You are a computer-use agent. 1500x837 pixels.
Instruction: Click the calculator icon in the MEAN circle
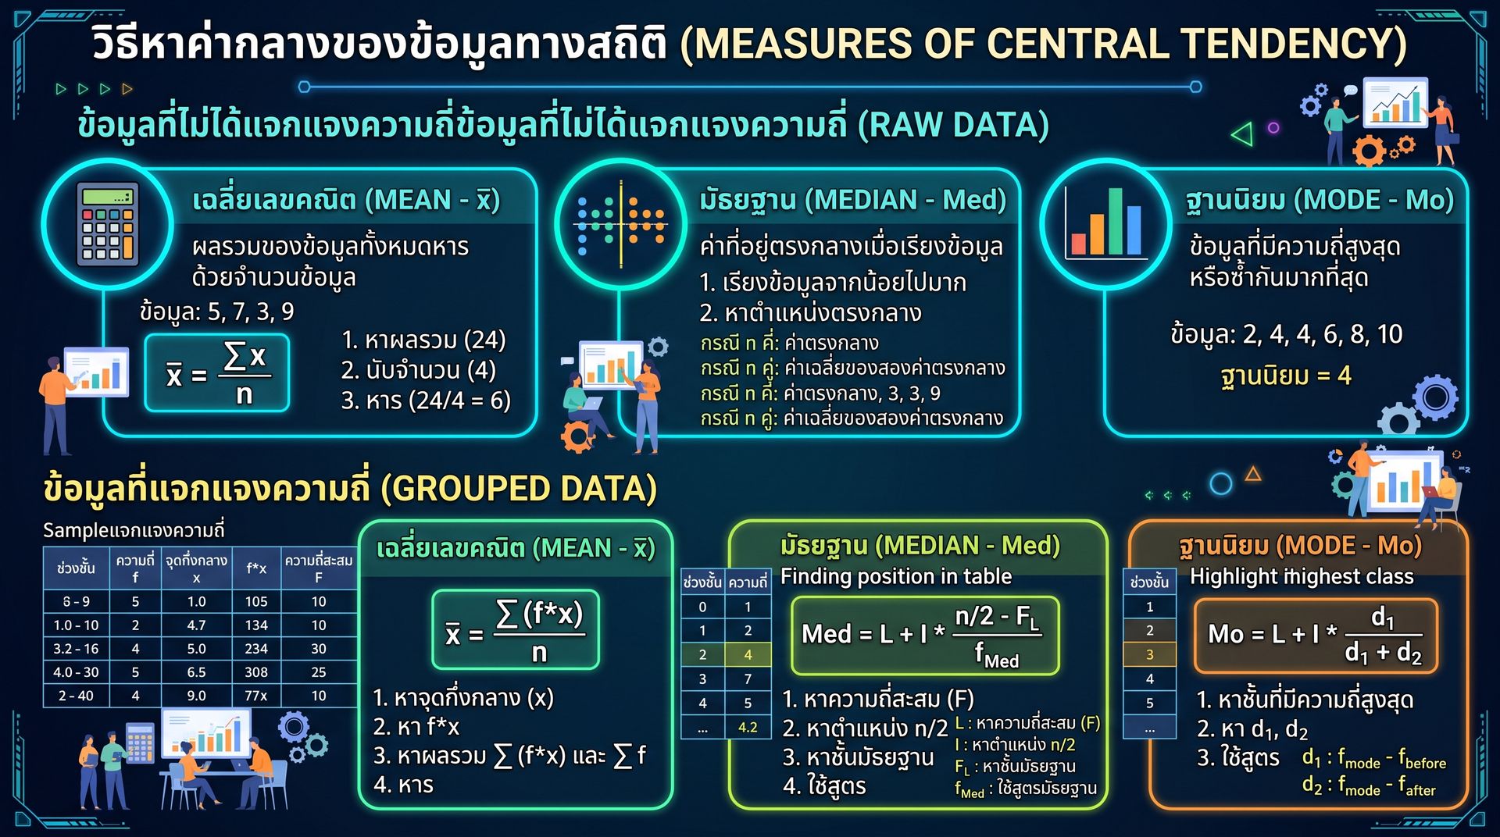(108, 224)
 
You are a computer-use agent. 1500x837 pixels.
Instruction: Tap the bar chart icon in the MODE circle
(1106, 224)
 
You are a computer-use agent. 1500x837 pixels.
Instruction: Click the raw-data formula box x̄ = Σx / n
(217, 372)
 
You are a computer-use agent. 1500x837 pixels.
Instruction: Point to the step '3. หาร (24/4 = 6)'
(426, 401)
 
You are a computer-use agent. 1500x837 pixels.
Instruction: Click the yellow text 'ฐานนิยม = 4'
(1286, 376)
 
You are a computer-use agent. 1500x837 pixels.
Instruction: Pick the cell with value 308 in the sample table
(256, 672)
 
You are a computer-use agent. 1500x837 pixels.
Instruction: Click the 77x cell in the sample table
(256, 696)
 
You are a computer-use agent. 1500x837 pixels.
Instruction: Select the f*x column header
(256, 568)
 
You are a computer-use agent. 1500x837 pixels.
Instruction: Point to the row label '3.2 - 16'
(76, 649)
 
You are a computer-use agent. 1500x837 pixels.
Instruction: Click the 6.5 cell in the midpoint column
(196, 672)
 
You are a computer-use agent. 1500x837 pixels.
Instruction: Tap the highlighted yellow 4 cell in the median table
(748, 654)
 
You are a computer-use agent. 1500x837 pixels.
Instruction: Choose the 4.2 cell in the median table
(748, 727)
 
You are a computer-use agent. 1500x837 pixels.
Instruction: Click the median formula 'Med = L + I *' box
(925, 636)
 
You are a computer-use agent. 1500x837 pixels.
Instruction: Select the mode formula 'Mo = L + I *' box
(1316, 636)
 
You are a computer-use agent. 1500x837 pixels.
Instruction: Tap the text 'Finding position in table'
(896, 576)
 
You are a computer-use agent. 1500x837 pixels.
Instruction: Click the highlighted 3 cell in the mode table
(1149, 654)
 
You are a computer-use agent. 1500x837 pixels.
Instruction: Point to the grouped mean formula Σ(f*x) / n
(516, 629)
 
